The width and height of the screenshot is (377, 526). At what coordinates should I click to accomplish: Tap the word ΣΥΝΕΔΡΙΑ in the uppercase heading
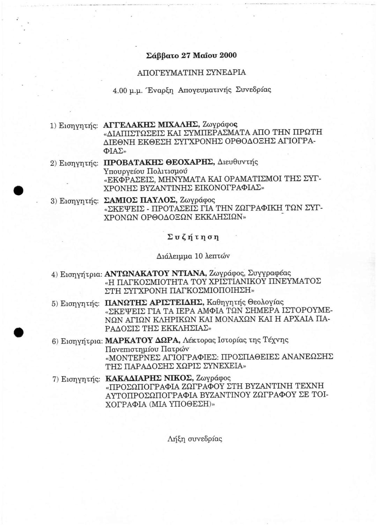228,73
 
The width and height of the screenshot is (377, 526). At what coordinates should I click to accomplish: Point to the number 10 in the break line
198,256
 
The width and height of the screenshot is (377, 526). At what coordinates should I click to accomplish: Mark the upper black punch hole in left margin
19,190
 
